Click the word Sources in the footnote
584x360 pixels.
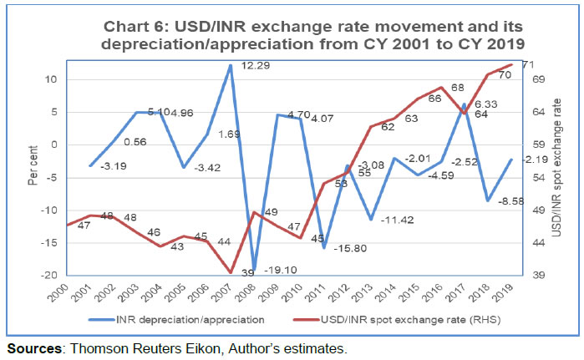[32, 347]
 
